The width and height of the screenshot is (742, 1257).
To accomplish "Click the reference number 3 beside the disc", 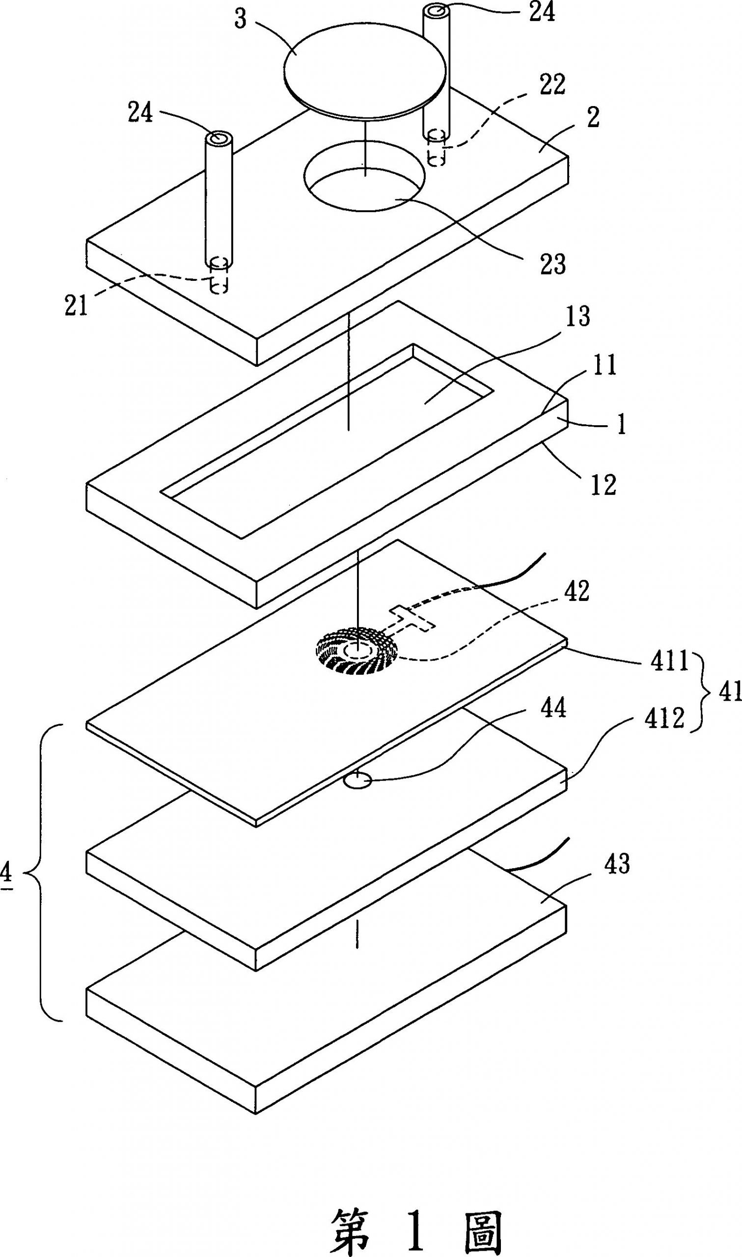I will [241, 22].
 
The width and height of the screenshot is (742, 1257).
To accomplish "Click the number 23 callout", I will [552, 263].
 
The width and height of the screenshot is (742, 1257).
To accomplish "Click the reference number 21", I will [76, 305].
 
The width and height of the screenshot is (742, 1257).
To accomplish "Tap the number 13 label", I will [577, 316].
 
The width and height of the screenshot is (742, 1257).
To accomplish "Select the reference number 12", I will [604, 484].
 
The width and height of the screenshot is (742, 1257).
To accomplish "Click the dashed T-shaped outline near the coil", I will [413, 618].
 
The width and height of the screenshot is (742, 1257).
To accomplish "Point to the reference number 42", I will [577, 590].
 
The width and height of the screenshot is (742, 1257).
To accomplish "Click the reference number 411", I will [669, 661].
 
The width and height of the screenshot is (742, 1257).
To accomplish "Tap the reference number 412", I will [664, 719].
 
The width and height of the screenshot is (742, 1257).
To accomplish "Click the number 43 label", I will [616, 864].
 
